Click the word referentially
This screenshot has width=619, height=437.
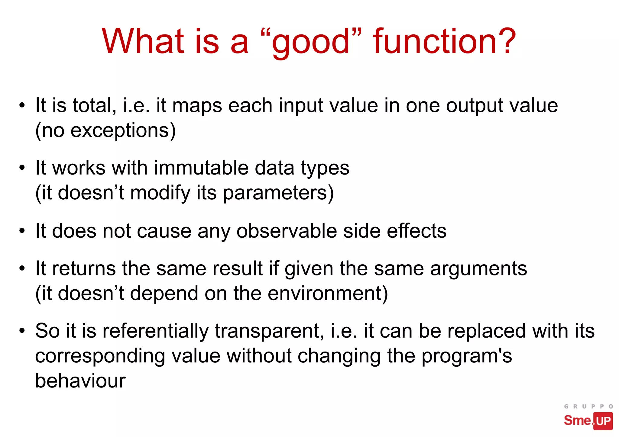pos(155,331)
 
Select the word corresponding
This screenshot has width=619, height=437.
pos(100,356)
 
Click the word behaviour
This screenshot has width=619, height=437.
pos(80,381)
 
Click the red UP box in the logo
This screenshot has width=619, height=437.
pos(603,421)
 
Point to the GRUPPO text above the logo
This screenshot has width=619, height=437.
pos(588,406)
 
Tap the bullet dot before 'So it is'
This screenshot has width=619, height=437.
pos(22,331)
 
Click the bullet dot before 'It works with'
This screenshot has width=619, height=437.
pos(22,168)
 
